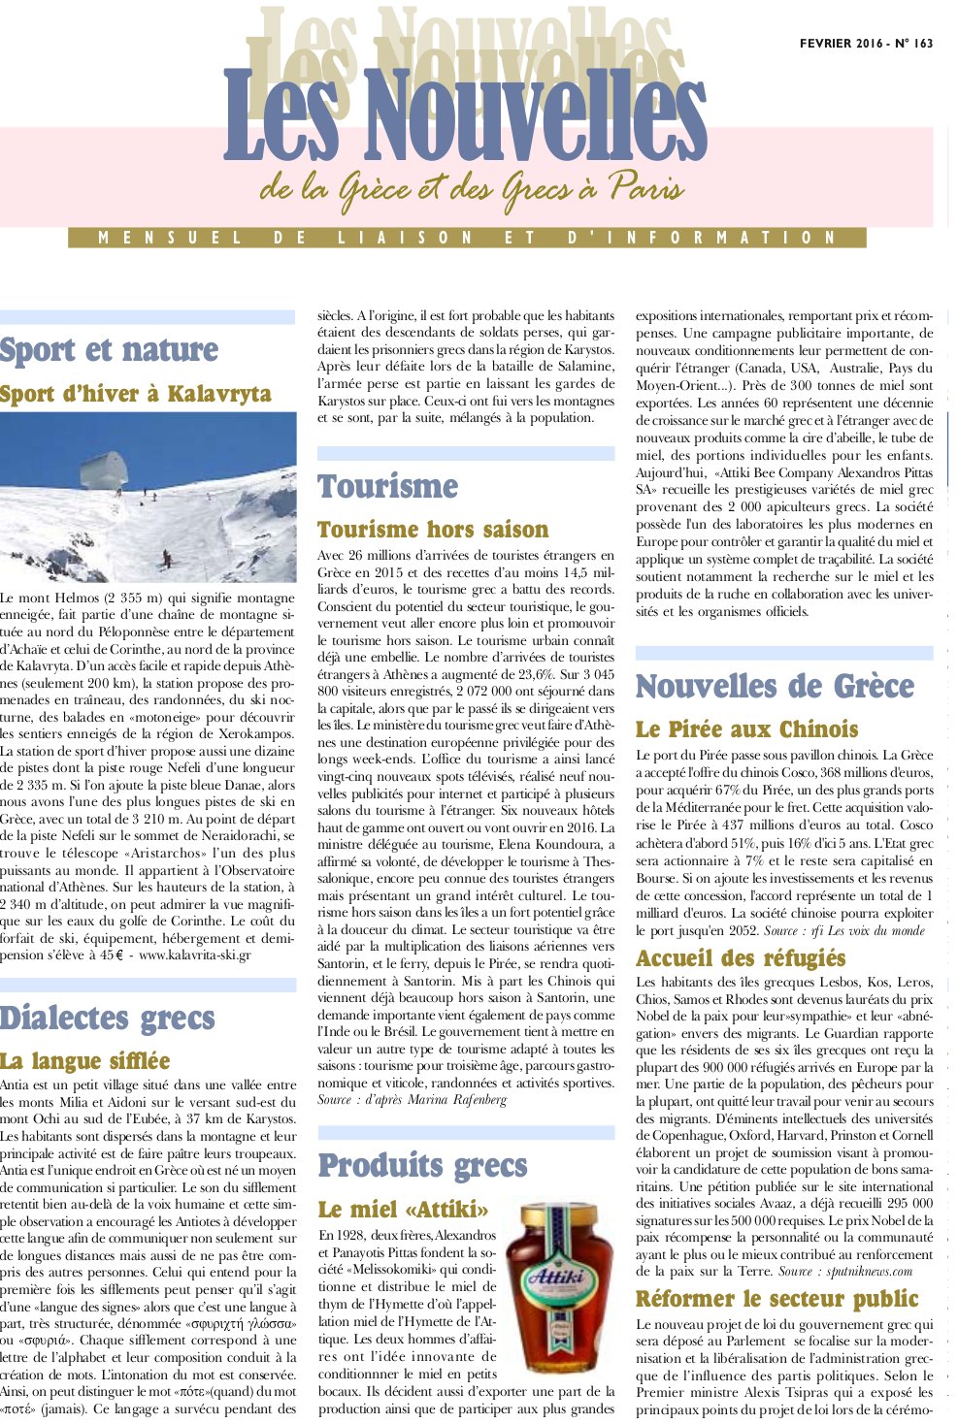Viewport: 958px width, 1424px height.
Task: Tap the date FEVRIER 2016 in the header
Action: (842, 43)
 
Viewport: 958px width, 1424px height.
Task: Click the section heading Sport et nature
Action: (109, 350)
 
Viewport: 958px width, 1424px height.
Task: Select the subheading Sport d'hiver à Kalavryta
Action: (136, 394)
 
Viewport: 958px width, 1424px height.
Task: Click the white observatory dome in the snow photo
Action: (104, 470)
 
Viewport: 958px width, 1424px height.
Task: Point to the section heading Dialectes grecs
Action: (107, 1019)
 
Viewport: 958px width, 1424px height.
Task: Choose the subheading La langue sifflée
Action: (85, 1061)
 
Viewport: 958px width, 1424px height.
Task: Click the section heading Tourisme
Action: (387, 486)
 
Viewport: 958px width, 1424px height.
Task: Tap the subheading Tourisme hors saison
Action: (433, 530)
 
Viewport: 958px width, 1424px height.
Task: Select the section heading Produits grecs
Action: (422, 1165)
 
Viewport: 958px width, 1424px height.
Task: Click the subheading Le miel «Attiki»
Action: (403, 1210)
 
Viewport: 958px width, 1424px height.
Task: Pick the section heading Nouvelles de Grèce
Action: (775, 687)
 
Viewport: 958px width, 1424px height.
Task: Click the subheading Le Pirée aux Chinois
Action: (746, 729)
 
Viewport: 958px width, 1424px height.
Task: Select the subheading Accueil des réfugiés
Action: (741, 958)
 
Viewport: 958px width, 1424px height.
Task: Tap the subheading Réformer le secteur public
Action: (776, 1299)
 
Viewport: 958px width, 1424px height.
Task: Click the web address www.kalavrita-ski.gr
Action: (195, 955)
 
